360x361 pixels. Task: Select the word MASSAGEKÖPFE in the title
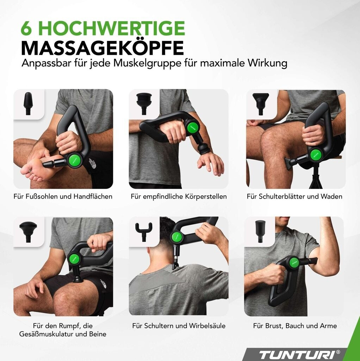pos(103,48)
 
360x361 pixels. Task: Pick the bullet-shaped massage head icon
pos(28,103)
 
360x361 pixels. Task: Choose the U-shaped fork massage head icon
pos(144,231)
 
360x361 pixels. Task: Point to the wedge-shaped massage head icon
pos(261,104)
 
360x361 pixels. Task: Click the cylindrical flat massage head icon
pos(260,231)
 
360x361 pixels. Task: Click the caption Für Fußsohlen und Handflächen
pos(63,196)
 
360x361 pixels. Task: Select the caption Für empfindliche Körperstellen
pos(179,196)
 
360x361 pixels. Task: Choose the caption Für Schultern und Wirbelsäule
pos(179,326)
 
